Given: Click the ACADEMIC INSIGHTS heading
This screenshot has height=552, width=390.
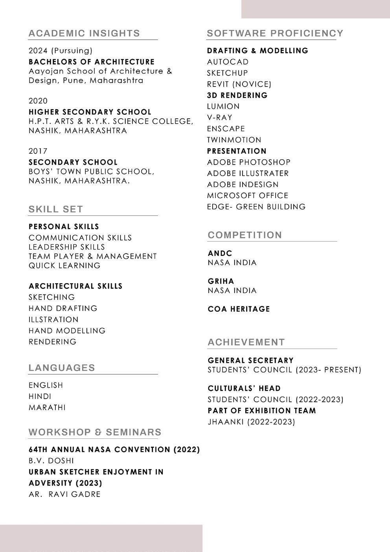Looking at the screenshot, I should pyautogui.click(x=84, y=33).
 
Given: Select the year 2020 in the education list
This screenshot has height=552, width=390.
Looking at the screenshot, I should pyautogui.click(x=38, y=101).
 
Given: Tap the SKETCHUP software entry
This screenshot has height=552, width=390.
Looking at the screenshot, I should pyautogui.click(x=228, y=73).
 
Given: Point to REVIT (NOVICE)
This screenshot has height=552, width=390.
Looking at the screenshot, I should pyautogui.click(x=239, y=84).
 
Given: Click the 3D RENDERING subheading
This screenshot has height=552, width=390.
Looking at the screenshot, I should pyautogui.click(x=237, y=95).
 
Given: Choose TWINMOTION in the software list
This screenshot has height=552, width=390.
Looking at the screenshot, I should pyautogui.click(x=234, y=140).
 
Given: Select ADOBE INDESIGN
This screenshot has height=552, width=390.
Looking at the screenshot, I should pyautogui.click(x=243, y=184).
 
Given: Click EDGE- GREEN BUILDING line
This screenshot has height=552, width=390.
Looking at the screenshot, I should pyautogui.click(x=256, y=207).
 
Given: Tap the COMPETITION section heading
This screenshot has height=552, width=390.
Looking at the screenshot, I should pyautogui.click(x=245, y=235).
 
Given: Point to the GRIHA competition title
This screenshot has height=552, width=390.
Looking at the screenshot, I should pyautogui.click(x=221, y=281).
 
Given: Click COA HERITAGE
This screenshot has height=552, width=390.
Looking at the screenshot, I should pyautogui.click(x=239, y=309).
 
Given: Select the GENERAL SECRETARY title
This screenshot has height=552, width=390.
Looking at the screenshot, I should pyautogui.click(x=251, y=360).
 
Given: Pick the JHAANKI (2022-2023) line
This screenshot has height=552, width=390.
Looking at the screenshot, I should pyautogui.click(x=252, y=422).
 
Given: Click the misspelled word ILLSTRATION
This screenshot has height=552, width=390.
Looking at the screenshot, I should pyautogui.click(x=53, y=320).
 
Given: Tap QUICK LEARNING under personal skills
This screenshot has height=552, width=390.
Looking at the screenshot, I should pyautogui.click(x=64, y=266).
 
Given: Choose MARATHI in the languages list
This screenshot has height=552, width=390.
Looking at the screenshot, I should pyautogui.click(x=47, y=407).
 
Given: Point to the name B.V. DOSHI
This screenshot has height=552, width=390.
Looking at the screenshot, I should pyautogui.click(x=51, y=461).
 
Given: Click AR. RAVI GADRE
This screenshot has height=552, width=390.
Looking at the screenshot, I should pyautogui.click(x=64, y=494).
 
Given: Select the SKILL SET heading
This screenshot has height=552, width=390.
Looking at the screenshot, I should pyautogui.click(x=56, y=209).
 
